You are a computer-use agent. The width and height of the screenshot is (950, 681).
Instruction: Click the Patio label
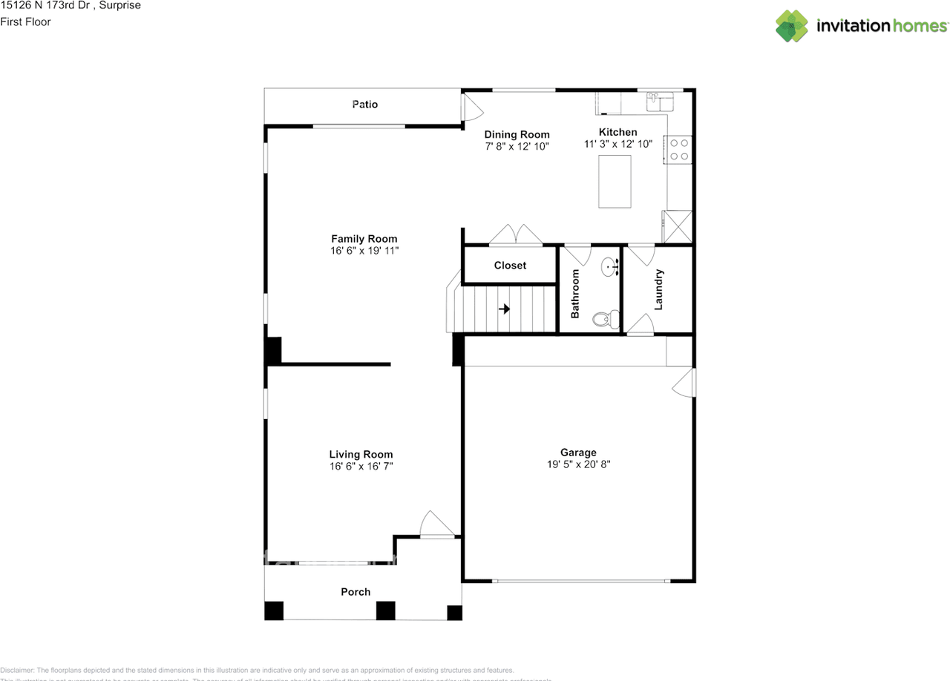[364, 105]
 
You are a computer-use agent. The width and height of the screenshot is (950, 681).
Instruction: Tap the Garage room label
[578, 453]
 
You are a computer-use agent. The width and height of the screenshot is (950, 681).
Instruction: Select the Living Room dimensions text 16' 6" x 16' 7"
[361, 467]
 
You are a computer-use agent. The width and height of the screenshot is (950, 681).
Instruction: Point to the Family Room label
[364, 239]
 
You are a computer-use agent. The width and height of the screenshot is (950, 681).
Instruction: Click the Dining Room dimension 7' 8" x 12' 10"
[517, 147]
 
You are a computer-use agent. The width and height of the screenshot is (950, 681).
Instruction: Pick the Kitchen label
[618, 132]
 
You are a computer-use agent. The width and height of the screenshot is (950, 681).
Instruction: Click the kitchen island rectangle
[615, 181]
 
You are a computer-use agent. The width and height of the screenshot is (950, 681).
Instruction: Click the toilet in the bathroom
[603, 320]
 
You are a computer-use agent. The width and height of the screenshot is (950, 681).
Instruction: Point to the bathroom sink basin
[611, 266]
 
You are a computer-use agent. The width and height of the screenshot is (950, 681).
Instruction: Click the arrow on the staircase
[505, 309]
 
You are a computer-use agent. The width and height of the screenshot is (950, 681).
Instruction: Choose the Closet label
[510, 266]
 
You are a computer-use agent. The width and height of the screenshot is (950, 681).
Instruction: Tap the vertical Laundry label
[658, 289]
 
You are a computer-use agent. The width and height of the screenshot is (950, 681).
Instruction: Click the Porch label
[356, 592]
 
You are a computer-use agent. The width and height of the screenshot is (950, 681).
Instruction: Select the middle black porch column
[385, 611]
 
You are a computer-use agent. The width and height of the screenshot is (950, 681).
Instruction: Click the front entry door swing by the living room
[436, 524]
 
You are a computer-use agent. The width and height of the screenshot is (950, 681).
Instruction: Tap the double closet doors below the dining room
[517, 234]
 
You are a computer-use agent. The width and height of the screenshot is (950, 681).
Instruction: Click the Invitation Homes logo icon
[792, 26]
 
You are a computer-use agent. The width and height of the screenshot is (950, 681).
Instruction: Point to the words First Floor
[26, 22]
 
